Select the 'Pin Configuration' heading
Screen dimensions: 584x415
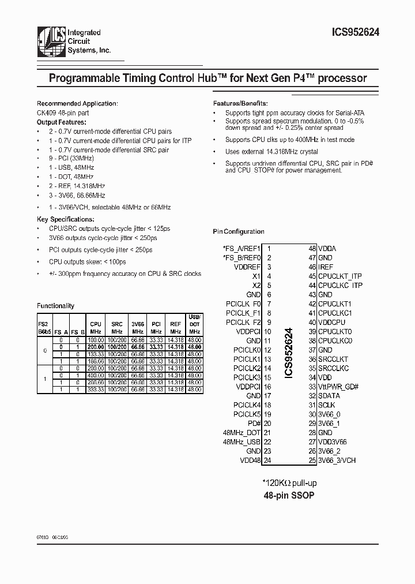point(239,232)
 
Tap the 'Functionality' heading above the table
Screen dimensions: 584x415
point(55,306)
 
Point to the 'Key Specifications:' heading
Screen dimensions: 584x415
point(63,219)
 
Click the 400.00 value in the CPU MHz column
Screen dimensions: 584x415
point(95,375)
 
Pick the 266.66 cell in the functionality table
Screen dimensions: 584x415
point(95,383)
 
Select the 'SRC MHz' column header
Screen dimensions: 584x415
point(116,328)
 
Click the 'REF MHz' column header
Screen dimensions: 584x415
point(175,328)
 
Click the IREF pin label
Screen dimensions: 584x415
point(325,267)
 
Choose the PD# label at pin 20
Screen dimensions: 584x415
point(254,424)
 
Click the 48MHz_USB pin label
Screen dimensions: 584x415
point(242,442)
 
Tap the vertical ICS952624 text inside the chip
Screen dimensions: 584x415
point(289,353)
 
